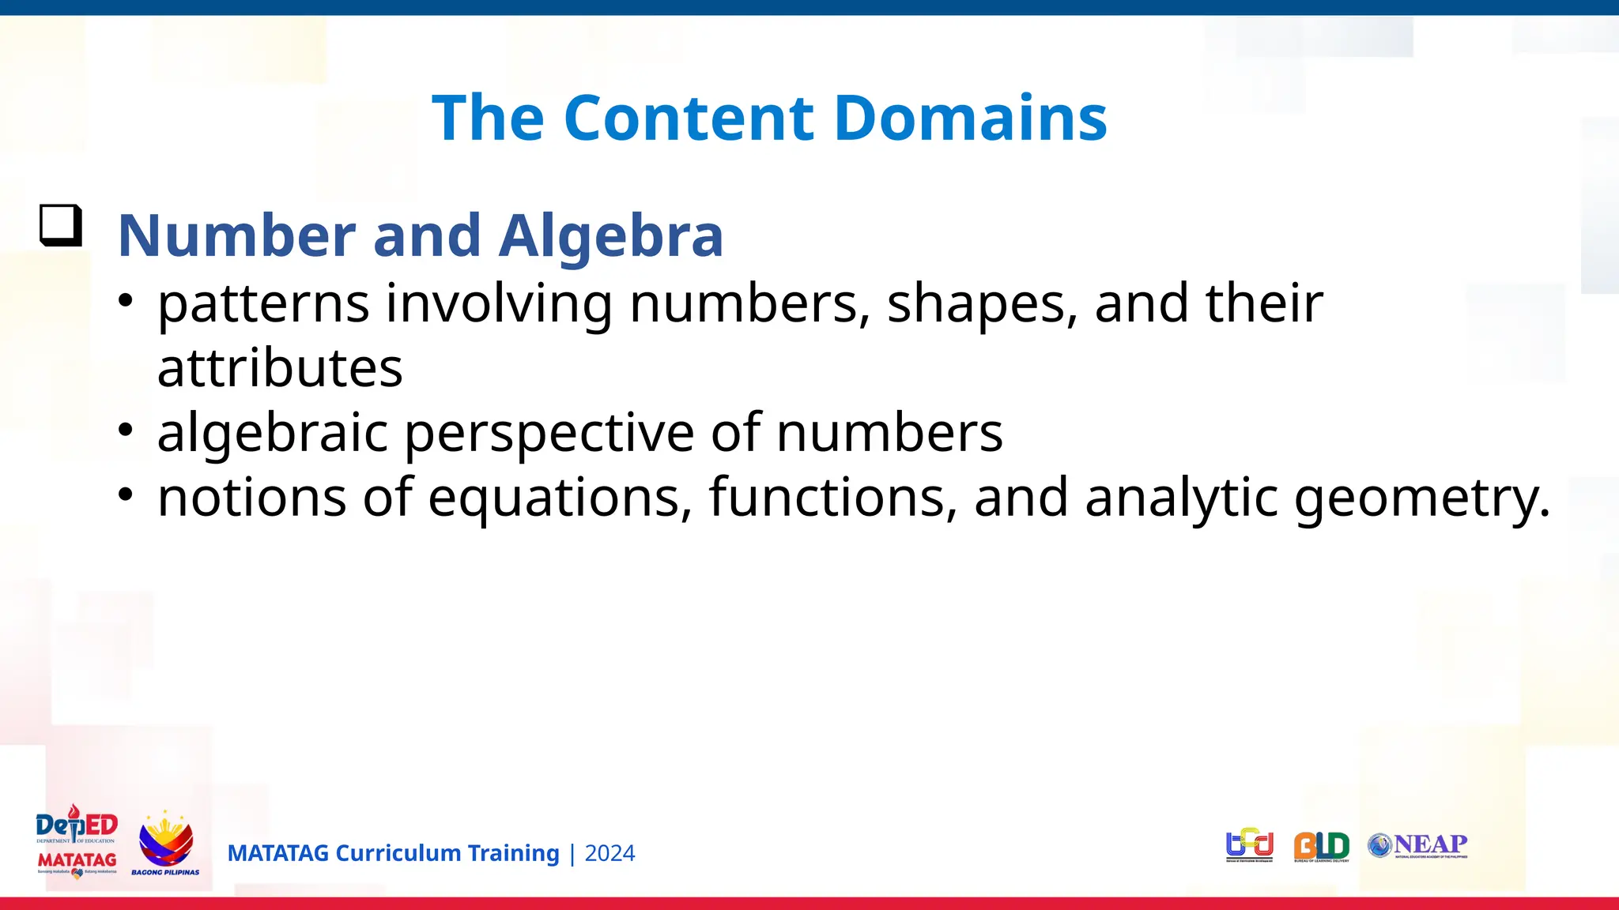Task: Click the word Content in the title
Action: pos(690,118)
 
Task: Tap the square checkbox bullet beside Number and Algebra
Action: pos(61,226)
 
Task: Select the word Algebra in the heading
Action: pos(610,235)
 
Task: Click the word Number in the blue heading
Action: pos(236,235)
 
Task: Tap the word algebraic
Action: pos(273,433)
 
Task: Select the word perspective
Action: pos(549,433)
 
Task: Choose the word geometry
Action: pos(1421,498)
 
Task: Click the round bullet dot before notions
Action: pos(126,495)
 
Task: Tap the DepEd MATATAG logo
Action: pos(77,843)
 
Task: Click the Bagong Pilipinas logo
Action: pos(165,844)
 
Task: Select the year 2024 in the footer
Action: pos(609,853)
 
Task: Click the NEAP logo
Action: pos(1418,845)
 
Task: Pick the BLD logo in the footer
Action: pos(1321,846)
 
